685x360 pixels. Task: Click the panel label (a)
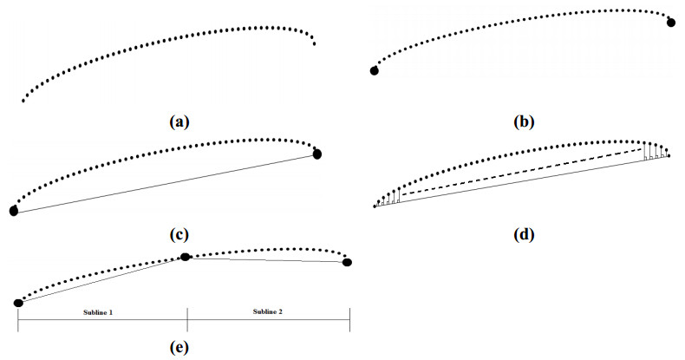[179, 122]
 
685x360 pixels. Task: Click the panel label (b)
[523, 122]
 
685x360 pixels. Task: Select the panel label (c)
[179, 234]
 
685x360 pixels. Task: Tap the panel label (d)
[524, 234]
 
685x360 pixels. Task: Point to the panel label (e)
[179, 348]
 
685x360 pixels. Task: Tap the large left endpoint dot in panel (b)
[375, 70]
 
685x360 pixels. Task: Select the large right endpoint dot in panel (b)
[671, 22]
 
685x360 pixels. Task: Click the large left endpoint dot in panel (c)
[14, 211]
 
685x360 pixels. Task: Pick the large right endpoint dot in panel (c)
[317, 154]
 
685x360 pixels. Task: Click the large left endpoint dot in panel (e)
[18, 303]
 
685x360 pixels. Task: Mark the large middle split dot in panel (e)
[185, 257]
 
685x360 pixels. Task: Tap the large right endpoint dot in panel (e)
[348, 262]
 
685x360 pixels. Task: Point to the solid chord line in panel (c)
[165, 183]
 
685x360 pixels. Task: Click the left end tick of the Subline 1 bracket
[18, 319]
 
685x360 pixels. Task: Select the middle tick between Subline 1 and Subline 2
[187, 319]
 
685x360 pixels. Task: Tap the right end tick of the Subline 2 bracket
[349, 319]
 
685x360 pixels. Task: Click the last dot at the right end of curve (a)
[314, 43]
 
